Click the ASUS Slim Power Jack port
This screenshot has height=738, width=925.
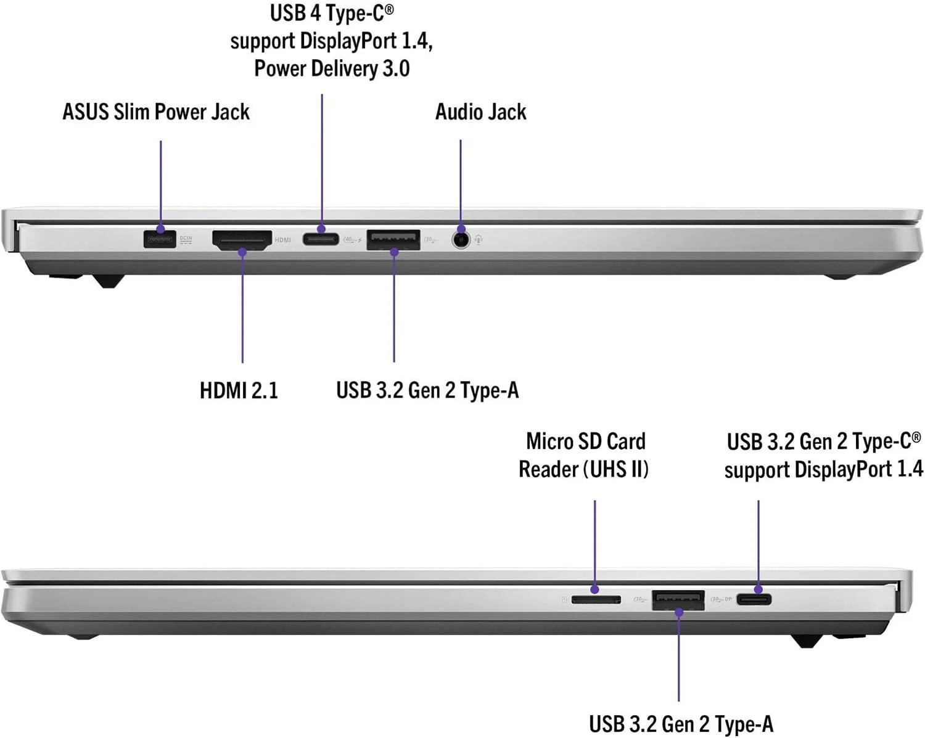(x=160, y=239)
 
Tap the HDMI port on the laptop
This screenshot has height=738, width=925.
(x=242, y=239)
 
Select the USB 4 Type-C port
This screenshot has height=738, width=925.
(x=321, y=238)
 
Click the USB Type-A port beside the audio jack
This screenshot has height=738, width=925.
(x=393, y=239)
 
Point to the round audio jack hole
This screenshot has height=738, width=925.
(x=461, y=239)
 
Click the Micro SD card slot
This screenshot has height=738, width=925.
(x=596, y=599)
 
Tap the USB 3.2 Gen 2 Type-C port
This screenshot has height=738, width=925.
(x=754, y=599)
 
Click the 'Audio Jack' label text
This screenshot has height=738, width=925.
(x=481, y=112)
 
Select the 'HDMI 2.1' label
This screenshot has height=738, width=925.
(x=239, y=390)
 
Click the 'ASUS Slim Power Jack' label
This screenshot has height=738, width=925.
(x=156, y=112)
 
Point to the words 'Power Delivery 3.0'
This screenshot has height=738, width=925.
(x=332, y=68)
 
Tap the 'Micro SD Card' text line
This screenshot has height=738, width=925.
(x=586, y=441)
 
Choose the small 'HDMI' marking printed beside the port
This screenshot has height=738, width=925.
(x=283, y=240)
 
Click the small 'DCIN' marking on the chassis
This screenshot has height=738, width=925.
(x=186, y=238)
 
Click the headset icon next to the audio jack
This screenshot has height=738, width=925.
(x=479, y=239)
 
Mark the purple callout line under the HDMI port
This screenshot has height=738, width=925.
(x=242, y=308)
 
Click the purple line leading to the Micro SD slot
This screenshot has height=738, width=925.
(x=595, y=543)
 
